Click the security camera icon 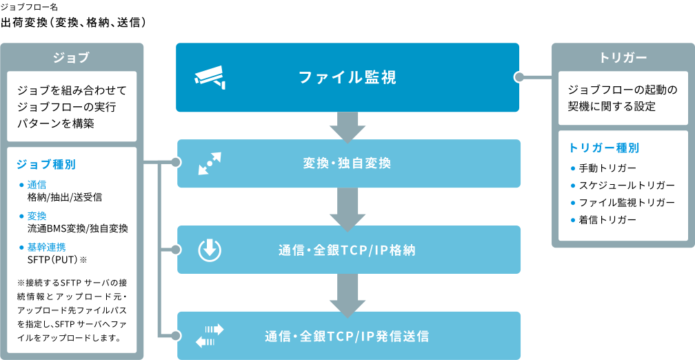210,77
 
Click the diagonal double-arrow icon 209,163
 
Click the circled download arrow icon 209,250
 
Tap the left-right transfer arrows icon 210,336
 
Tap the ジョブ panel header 72,57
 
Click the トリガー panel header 623,57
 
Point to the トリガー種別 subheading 604,148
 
